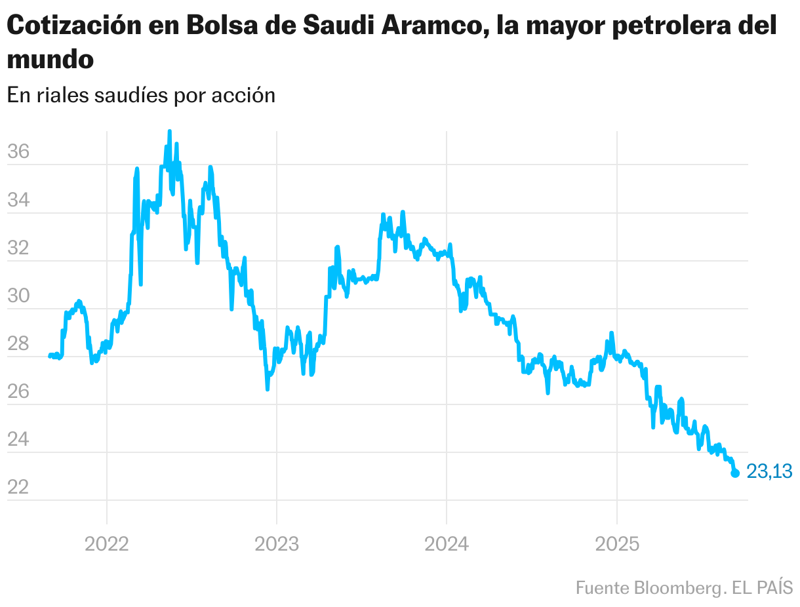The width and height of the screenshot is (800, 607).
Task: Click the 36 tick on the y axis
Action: [x=18, y=152]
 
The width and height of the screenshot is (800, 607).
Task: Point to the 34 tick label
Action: [x=18, y=200]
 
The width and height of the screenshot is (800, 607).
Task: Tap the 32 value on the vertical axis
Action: [x=18, y=248]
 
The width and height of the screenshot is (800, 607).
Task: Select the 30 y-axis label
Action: [x=18, y=296]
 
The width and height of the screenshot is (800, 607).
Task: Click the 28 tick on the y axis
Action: [x=18, y=343]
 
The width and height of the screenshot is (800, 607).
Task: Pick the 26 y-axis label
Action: [x=18, y=391]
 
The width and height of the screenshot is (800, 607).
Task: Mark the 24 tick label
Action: [x=18, y=439]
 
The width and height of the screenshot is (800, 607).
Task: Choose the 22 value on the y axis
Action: [x=18, y=487]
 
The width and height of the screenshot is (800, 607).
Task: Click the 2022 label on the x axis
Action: [x=107, y=543]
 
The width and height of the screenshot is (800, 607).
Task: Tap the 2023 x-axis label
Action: [x=277, y=543]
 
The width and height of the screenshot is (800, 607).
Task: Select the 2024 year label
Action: [x=447, y=543]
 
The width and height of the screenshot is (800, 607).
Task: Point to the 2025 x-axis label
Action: [x=616, y=543]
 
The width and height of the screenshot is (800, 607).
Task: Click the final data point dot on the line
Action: [x=735, y=473]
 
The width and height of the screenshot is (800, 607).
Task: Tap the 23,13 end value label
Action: [x=769, y=471]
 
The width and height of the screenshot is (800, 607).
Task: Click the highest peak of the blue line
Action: [x=169, y=132]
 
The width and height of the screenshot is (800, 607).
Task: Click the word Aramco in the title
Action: [x=434, y=26]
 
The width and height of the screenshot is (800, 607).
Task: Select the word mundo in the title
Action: [x=50, y=60]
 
